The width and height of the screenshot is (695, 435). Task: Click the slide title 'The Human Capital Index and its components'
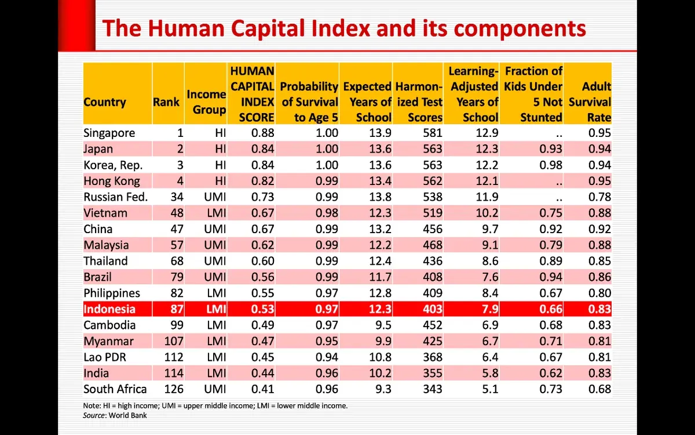(343, 28)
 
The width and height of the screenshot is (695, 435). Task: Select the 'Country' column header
(105, 102)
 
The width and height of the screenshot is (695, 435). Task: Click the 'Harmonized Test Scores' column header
(418, 101)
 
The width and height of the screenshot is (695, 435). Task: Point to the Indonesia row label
(109, 309)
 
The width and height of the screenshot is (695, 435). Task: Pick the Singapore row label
(109, 133)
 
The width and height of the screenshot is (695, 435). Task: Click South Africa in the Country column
(115, 389)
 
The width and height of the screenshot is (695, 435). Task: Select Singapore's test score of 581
(432, 133)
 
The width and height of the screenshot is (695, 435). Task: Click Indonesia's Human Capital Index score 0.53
(262, 309)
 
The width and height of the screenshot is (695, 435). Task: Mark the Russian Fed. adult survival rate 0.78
(599, 197)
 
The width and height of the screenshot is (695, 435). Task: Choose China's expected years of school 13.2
(380, 229)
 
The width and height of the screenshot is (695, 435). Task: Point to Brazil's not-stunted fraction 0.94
(550, 277)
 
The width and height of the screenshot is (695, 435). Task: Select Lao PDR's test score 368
(432, 357)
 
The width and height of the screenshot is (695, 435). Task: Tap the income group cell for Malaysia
(215, 245)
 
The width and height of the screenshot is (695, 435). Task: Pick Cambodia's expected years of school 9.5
(383, 325)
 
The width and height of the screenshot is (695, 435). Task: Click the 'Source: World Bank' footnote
(115, 415)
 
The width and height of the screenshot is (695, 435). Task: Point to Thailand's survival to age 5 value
(327, 261)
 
